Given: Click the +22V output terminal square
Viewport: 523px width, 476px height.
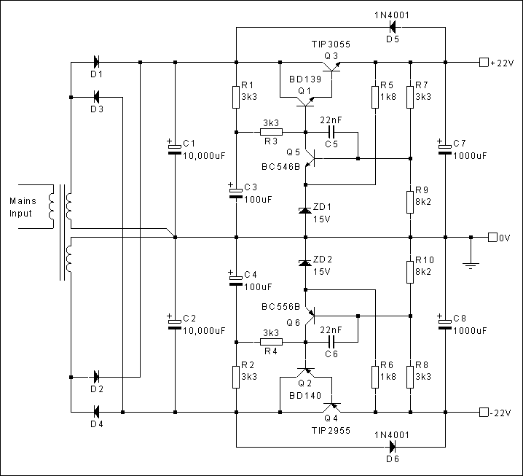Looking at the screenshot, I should (x=483, y=62).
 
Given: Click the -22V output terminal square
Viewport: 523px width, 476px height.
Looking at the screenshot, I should (x=483, y=413).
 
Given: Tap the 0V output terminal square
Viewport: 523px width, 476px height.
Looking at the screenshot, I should (x=493, y=237).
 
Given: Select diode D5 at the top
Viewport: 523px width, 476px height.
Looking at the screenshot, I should (x=393, y=28).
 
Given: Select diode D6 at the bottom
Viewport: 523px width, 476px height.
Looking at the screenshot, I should (x=393, y=446).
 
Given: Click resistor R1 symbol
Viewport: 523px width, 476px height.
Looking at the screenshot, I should (x=236, y=96).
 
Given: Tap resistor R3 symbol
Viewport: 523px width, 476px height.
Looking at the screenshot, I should (x=271, y=133).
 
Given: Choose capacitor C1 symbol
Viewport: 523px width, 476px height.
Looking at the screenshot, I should (x=175, y=149).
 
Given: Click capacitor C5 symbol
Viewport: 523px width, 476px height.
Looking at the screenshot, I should (x=331, y=133).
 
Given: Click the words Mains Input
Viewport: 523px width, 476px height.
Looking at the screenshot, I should (x=23, y=207).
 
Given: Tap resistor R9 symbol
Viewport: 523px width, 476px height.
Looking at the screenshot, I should (x=410, y=199).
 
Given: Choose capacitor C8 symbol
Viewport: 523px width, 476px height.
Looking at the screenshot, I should (x=445, y=324).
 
